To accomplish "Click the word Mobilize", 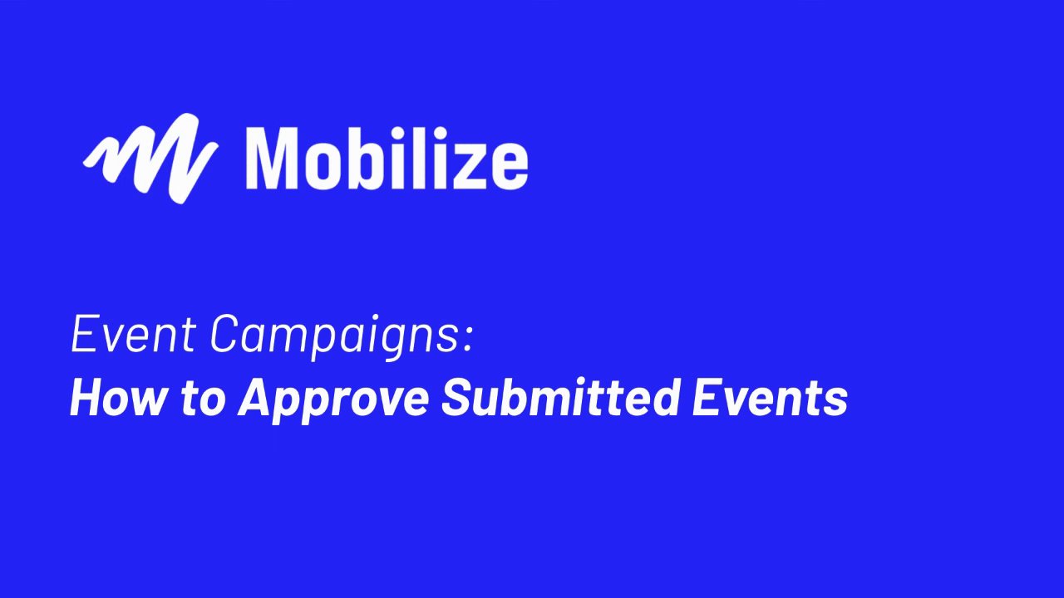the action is coord(387,158).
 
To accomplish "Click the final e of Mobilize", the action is coord(506,165).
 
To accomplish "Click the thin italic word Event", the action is coord(133,334).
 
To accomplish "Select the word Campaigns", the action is coord(334,337).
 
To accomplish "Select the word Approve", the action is coord(333,401).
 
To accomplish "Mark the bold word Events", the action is coord(770,399).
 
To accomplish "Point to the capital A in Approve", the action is coord(258,399).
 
